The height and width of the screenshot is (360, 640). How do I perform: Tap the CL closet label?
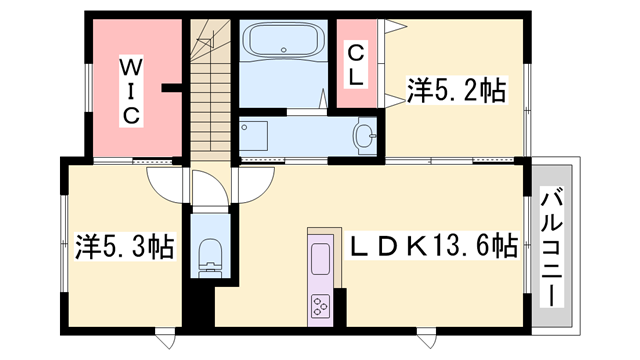(x=354, y=62)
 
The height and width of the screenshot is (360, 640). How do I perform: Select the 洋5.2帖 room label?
(x=455, y=92)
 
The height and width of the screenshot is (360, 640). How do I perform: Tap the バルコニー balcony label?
(x=552, y=247)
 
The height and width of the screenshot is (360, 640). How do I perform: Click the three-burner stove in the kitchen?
(x=320, y=304)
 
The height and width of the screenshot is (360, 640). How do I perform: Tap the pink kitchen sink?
(x=320, y=259)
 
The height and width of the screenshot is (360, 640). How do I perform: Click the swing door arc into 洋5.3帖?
(x=164, y=182)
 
